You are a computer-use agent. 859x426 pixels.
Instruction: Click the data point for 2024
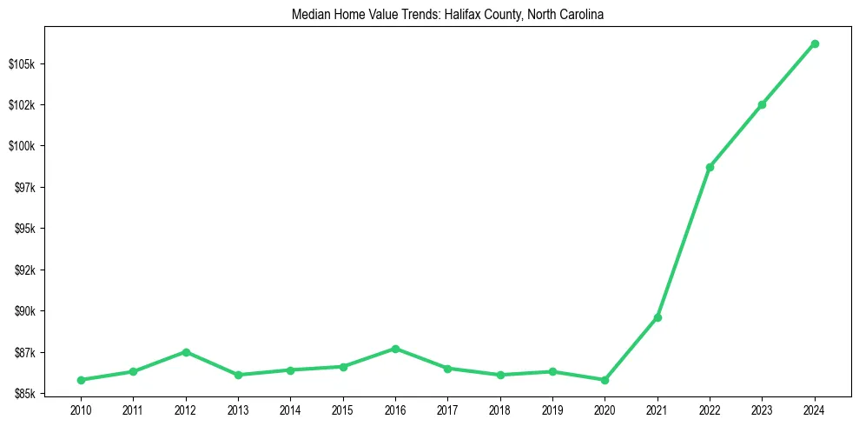coord(815,43)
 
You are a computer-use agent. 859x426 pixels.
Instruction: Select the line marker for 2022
coord(710,167)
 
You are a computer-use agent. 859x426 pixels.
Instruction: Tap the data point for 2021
coord(657,317)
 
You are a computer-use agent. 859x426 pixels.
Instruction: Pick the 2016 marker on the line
coord(395,349)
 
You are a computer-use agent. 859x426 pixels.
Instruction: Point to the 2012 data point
coord(186,352)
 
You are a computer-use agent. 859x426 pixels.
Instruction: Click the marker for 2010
coord(81,380)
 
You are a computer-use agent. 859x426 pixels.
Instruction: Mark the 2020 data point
coord(605,380)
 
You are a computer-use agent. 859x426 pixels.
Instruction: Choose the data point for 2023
coord(762,104)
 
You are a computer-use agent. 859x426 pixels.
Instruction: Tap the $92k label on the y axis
coord(26,270)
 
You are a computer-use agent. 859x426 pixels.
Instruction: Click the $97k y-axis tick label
coord(26,188)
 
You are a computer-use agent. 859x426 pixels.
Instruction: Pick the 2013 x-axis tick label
coord(238,409)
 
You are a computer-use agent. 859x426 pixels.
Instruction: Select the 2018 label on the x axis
coord(500,409)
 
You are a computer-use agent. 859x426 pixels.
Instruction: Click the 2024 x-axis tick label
coord(815,409)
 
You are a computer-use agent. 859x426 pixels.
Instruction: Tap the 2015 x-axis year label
coord(343,409)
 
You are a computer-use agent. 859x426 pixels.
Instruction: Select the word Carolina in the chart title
coord(572,15)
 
